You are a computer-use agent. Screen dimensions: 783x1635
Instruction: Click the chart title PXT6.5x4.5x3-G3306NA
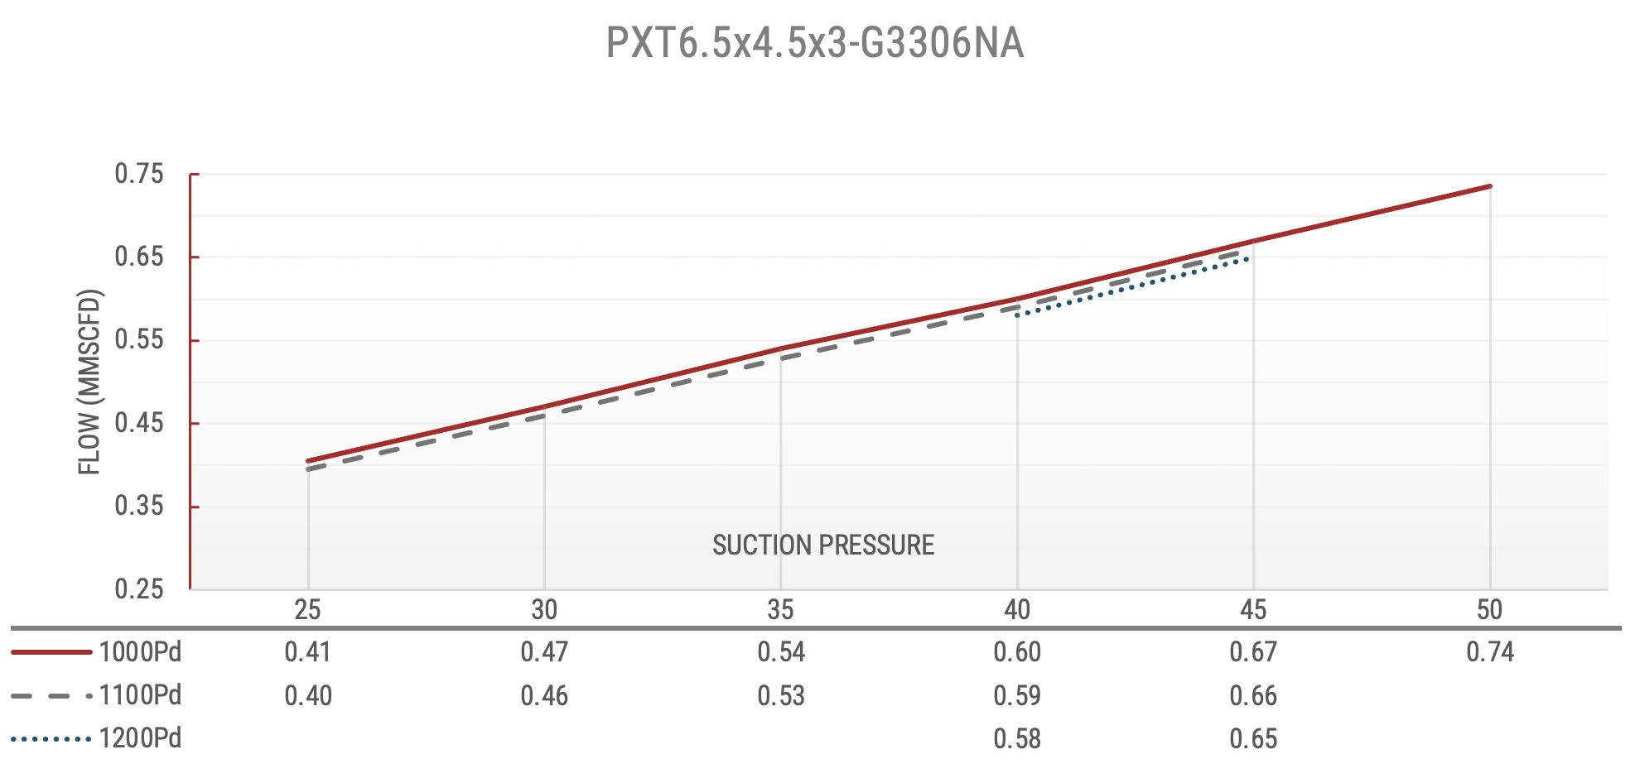(815, 44)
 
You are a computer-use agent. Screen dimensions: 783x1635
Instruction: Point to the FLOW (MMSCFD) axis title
(89, 382)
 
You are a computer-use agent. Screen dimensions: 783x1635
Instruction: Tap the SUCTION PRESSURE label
(823, 545)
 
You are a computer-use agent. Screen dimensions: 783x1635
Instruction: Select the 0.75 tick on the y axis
(139, 174)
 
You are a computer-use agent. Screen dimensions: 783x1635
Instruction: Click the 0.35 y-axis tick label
(139, 506)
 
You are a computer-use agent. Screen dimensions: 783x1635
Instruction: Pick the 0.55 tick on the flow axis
(139, 339)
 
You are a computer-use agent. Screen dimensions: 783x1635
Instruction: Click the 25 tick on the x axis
(307, 610)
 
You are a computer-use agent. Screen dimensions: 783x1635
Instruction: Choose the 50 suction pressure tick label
(1489, 610)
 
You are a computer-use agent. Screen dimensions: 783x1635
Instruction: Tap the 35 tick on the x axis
(780, 610)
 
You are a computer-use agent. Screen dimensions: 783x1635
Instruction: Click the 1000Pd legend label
(139, 652)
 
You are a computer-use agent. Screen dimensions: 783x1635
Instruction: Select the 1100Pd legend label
(139, 695)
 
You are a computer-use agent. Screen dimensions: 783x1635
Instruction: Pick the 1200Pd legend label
(139, 738)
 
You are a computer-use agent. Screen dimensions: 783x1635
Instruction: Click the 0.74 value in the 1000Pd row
(1489, 652)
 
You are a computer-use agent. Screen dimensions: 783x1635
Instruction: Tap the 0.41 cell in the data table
(307, 652)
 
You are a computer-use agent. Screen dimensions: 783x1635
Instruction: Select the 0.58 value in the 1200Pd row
(1017, 738)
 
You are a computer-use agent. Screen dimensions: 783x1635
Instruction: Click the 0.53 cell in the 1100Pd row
(780, 695)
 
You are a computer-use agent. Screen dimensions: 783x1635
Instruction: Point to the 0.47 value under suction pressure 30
(544, 652)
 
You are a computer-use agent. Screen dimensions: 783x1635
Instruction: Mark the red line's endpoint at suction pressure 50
(1489, 186)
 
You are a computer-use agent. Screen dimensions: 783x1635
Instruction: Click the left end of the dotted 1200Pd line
(1017, 315)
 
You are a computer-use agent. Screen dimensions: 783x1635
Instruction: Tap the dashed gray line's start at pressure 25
(308, 469)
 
